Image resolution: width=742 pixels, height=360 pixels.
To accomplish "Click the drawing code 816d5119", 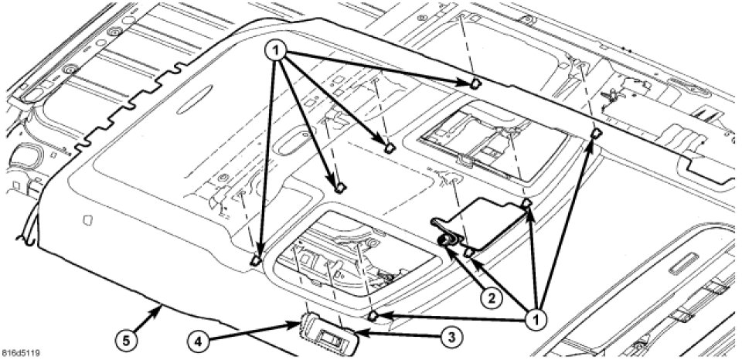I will coord(20,353).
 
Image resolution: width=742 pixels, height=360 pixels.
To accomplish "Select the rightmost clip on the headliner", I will coord(596,134).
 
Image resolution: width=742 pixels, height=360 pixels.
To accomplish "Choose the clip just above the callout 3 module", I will coord(373,314).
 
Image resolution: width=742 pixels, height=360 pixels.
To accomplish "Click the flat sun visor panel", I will coord(483,220).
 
